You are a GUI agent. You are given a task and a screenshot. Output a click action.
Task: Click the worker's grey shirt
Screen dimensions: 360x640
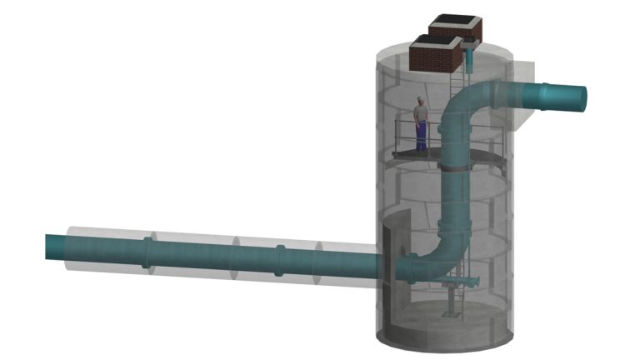422,113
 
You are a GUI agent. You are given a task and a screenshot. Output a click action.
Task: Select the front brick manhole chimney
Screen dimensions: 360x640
434,56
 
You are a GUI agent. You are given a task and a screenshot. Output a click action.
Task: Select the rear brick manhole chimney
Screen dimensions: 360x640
454,29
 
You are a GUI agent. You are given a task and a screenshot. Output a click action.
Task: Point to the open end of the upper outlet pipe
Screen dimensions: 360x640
581,97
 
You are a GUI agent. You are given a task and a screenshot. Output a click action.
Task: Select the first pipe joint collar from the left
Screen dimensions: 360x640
147,252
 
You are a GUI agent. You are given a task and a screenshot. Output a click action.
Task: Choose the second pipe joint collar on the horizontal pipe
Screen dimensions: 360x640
280,259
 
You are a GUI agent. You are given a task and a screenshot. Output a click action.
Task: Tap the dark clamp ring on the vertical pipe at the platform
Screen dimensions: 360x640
454,167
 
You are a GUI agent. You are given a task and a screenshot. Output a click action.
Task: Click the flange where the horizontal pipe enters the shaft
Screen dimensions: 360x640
410,268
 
